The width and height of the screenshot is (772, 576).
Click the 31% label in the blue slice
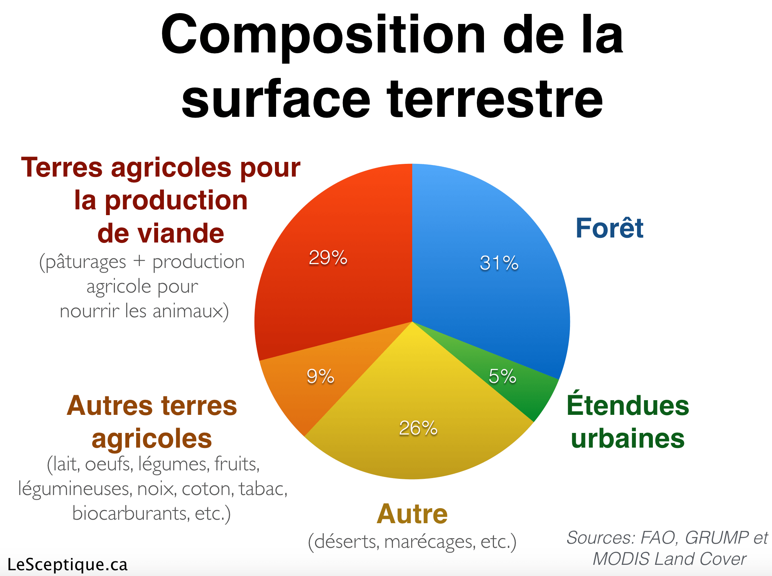499,263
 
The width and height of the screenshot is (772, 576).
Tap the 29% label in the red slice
328,258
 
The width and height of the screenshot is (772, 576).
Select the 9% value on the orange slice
320,376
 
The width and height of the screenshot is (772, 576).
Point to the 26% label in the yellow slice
418,428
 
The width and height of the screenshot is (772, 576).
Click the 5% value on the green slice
502,376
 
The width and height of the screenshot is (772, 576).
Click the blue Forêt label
610,228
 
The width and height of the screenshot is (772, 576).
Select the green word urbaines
628,438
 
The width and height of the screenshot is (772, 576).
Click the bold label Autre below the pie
412,514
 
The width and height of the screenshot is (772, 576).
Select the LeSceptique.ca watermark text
67,565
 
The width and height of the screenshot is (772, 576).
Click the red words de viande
160,233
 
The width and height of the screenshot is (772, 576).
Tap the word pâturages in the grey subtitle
85,263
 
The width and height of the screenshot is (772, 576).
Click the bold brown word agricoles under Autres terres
152,439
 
